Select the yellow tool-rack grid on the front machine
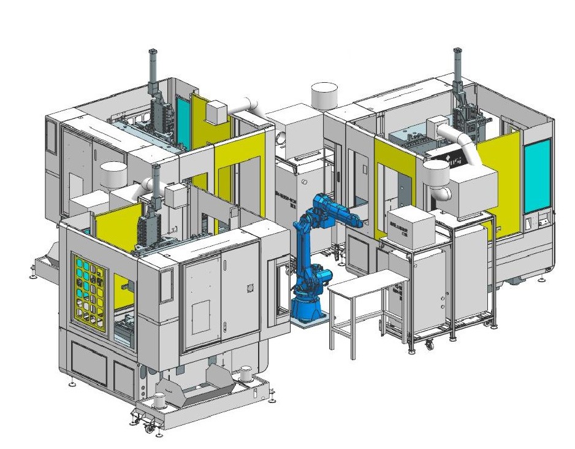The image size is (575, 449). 89,288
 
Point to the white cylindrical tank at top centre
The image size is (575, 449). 326,96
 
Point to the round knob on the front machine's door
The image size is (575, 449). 249,288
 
